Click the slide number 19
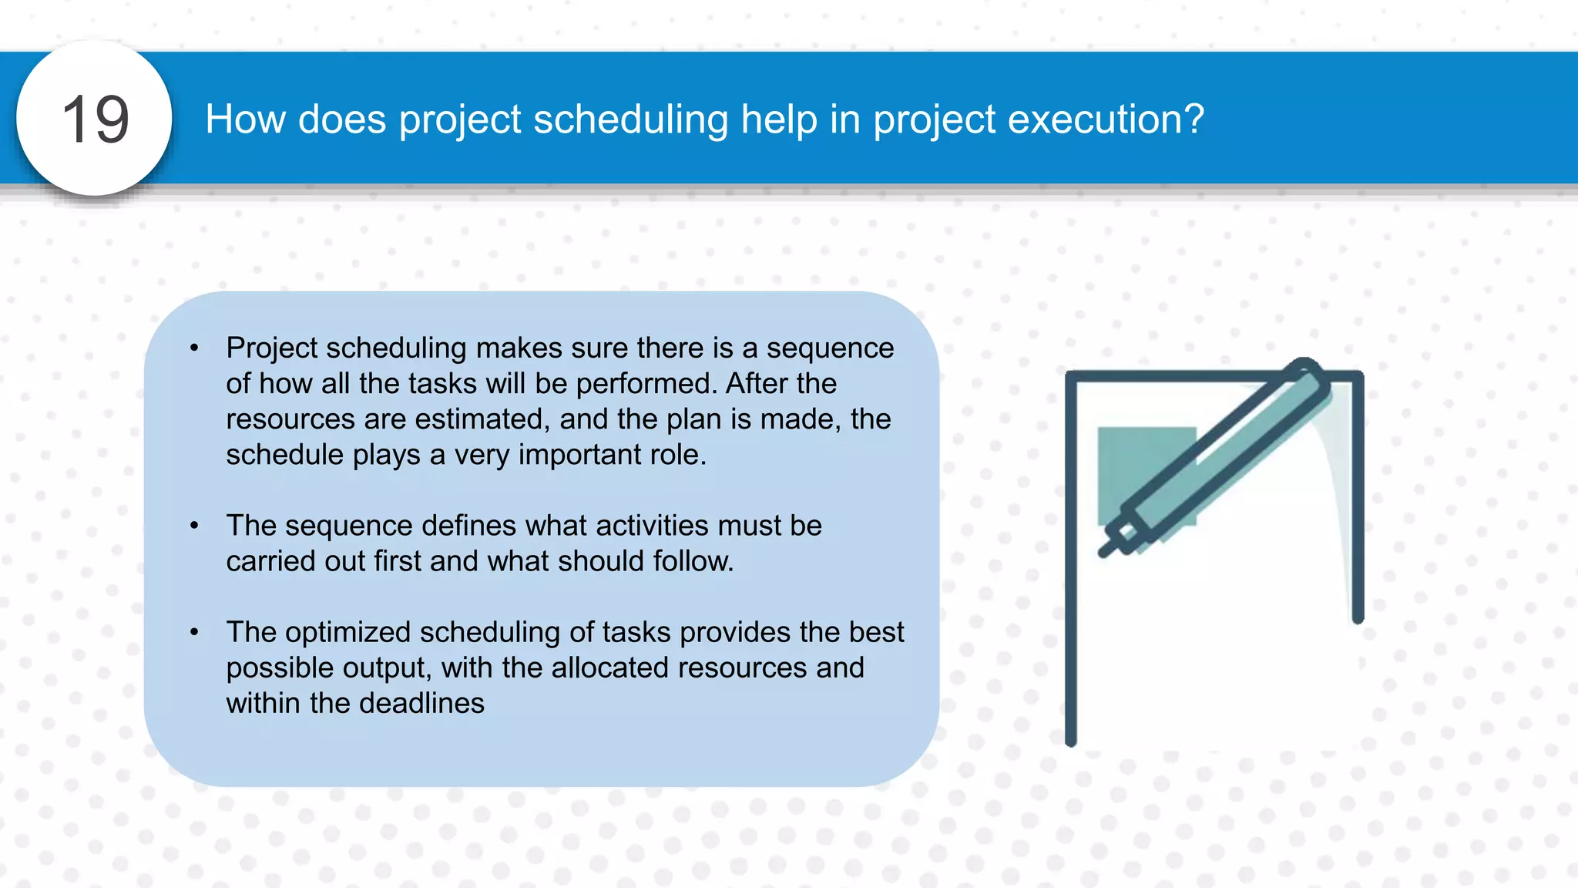95,119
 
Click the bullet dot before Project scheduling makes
195,348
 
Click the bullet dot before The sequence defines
195,526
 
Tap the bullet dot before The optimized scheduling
195,632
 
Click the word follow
693,561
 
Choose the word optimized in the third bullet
347,632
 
